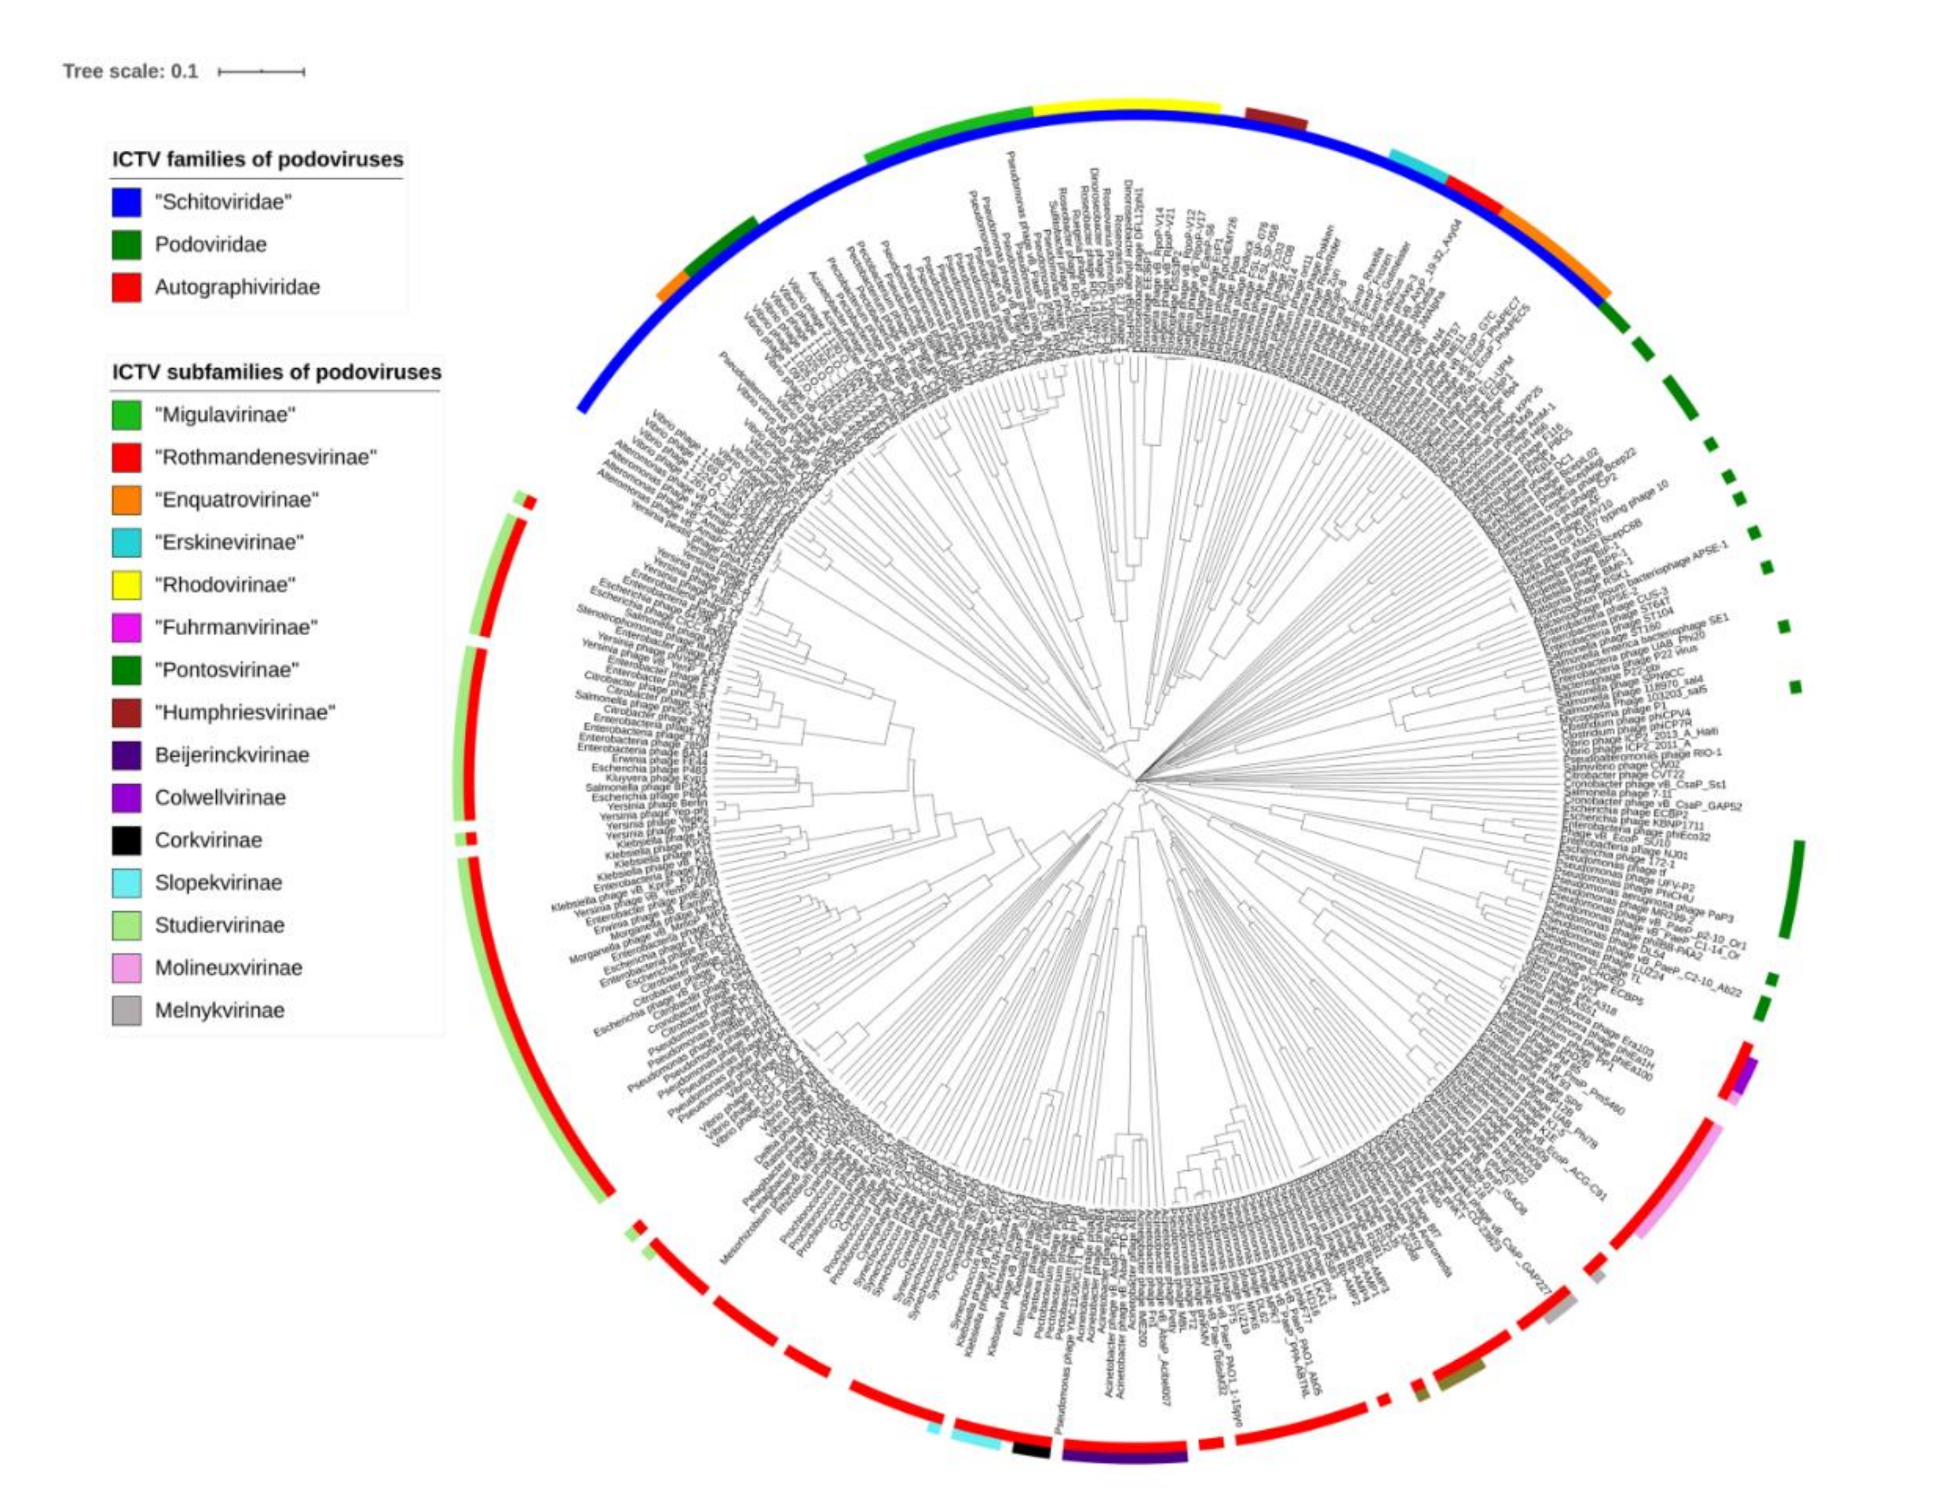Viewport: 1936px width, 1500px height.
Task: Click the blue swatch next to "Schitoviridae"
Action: (x=126, y=202)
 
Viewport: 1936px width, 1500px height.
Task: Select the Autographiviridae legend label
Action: (x=237, y=287)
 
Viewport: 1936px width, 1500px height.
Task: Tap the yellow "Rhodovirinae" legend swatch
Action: (x=126, y=585)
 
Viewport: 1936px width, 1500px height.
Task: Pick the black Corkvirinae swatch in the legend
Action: (x=126, y=841)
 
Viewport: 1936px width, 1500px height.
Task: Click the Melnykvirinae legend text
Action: (x=219, y=1010)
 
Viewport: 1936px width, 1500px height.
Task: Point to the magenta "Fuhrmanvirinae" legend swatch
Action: (x=126, y=628)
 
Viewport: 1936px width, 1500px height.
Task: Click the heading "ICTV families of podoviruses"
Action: (x=257, y=159)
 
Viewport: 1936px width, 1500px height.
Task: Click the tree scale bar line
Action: (x=262, y=71)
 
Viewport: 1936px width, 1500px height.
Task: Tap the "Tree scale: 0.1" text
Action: (x=131, y=71)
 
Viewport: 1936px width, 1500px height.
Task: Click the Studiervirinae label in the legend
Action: (x=219, y=926)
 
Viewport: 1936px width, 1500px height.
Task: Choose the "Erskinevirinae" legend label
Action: (x=229, y=543)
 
